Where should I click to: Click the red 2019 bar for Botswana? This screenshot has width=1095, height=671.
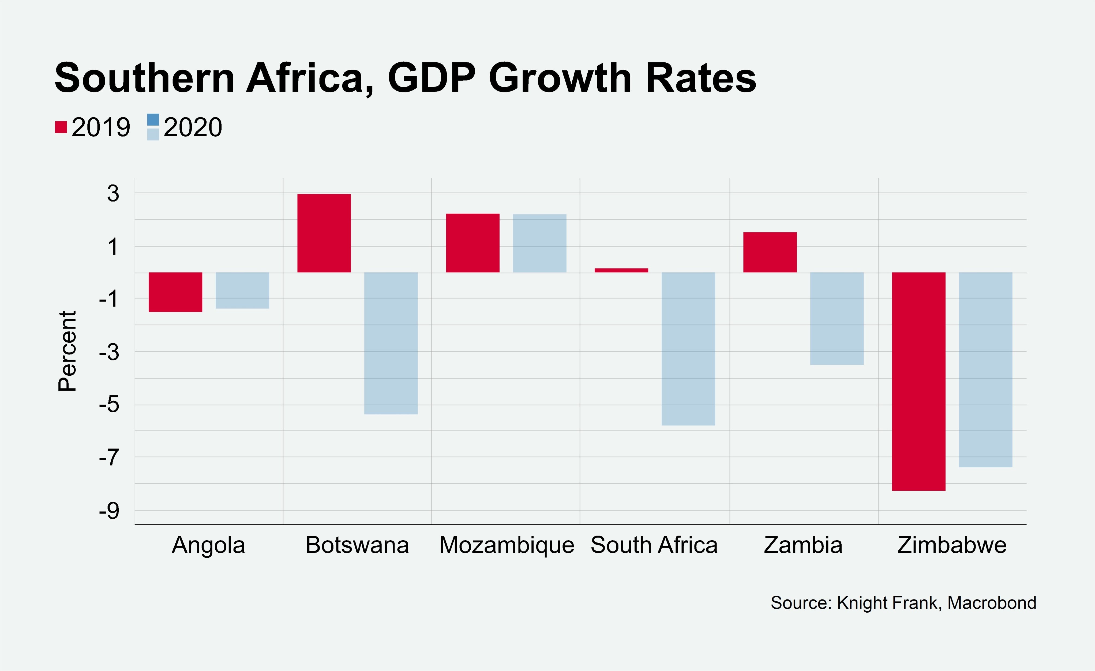click(324, 233)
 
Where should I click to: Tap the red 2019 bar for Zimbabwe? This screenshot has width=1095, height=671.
click(918, 381)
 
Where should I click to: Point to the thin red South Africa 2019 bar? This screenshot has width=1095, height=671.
click(621, 270)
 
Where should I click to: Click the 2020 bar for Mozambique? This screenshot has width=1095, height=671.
click(539, 243)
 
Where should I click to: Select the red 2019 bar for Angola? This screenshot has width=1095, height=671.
click(175, 292)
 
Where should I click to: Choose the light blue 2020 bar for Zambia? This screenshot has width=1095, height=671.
click(837, 319)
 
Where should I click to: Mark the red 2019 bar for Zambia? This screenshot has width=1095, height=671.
click(770, 252)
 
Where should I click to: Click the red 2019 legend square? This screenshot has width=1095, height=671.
click(61, 127)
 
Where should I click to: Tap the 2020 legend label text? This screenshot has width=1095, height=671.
click(192, 127)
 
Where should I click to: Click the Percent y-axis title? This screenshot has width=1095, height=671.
click(67, 351)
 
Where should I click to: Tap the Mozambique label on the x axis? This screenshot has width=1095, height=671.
click(507, 545)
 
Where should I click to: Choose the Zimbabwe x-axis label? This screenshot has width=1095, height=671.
click(952, 545)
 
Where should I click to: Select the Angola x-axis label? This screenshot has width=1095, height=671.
click(208, 545)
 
